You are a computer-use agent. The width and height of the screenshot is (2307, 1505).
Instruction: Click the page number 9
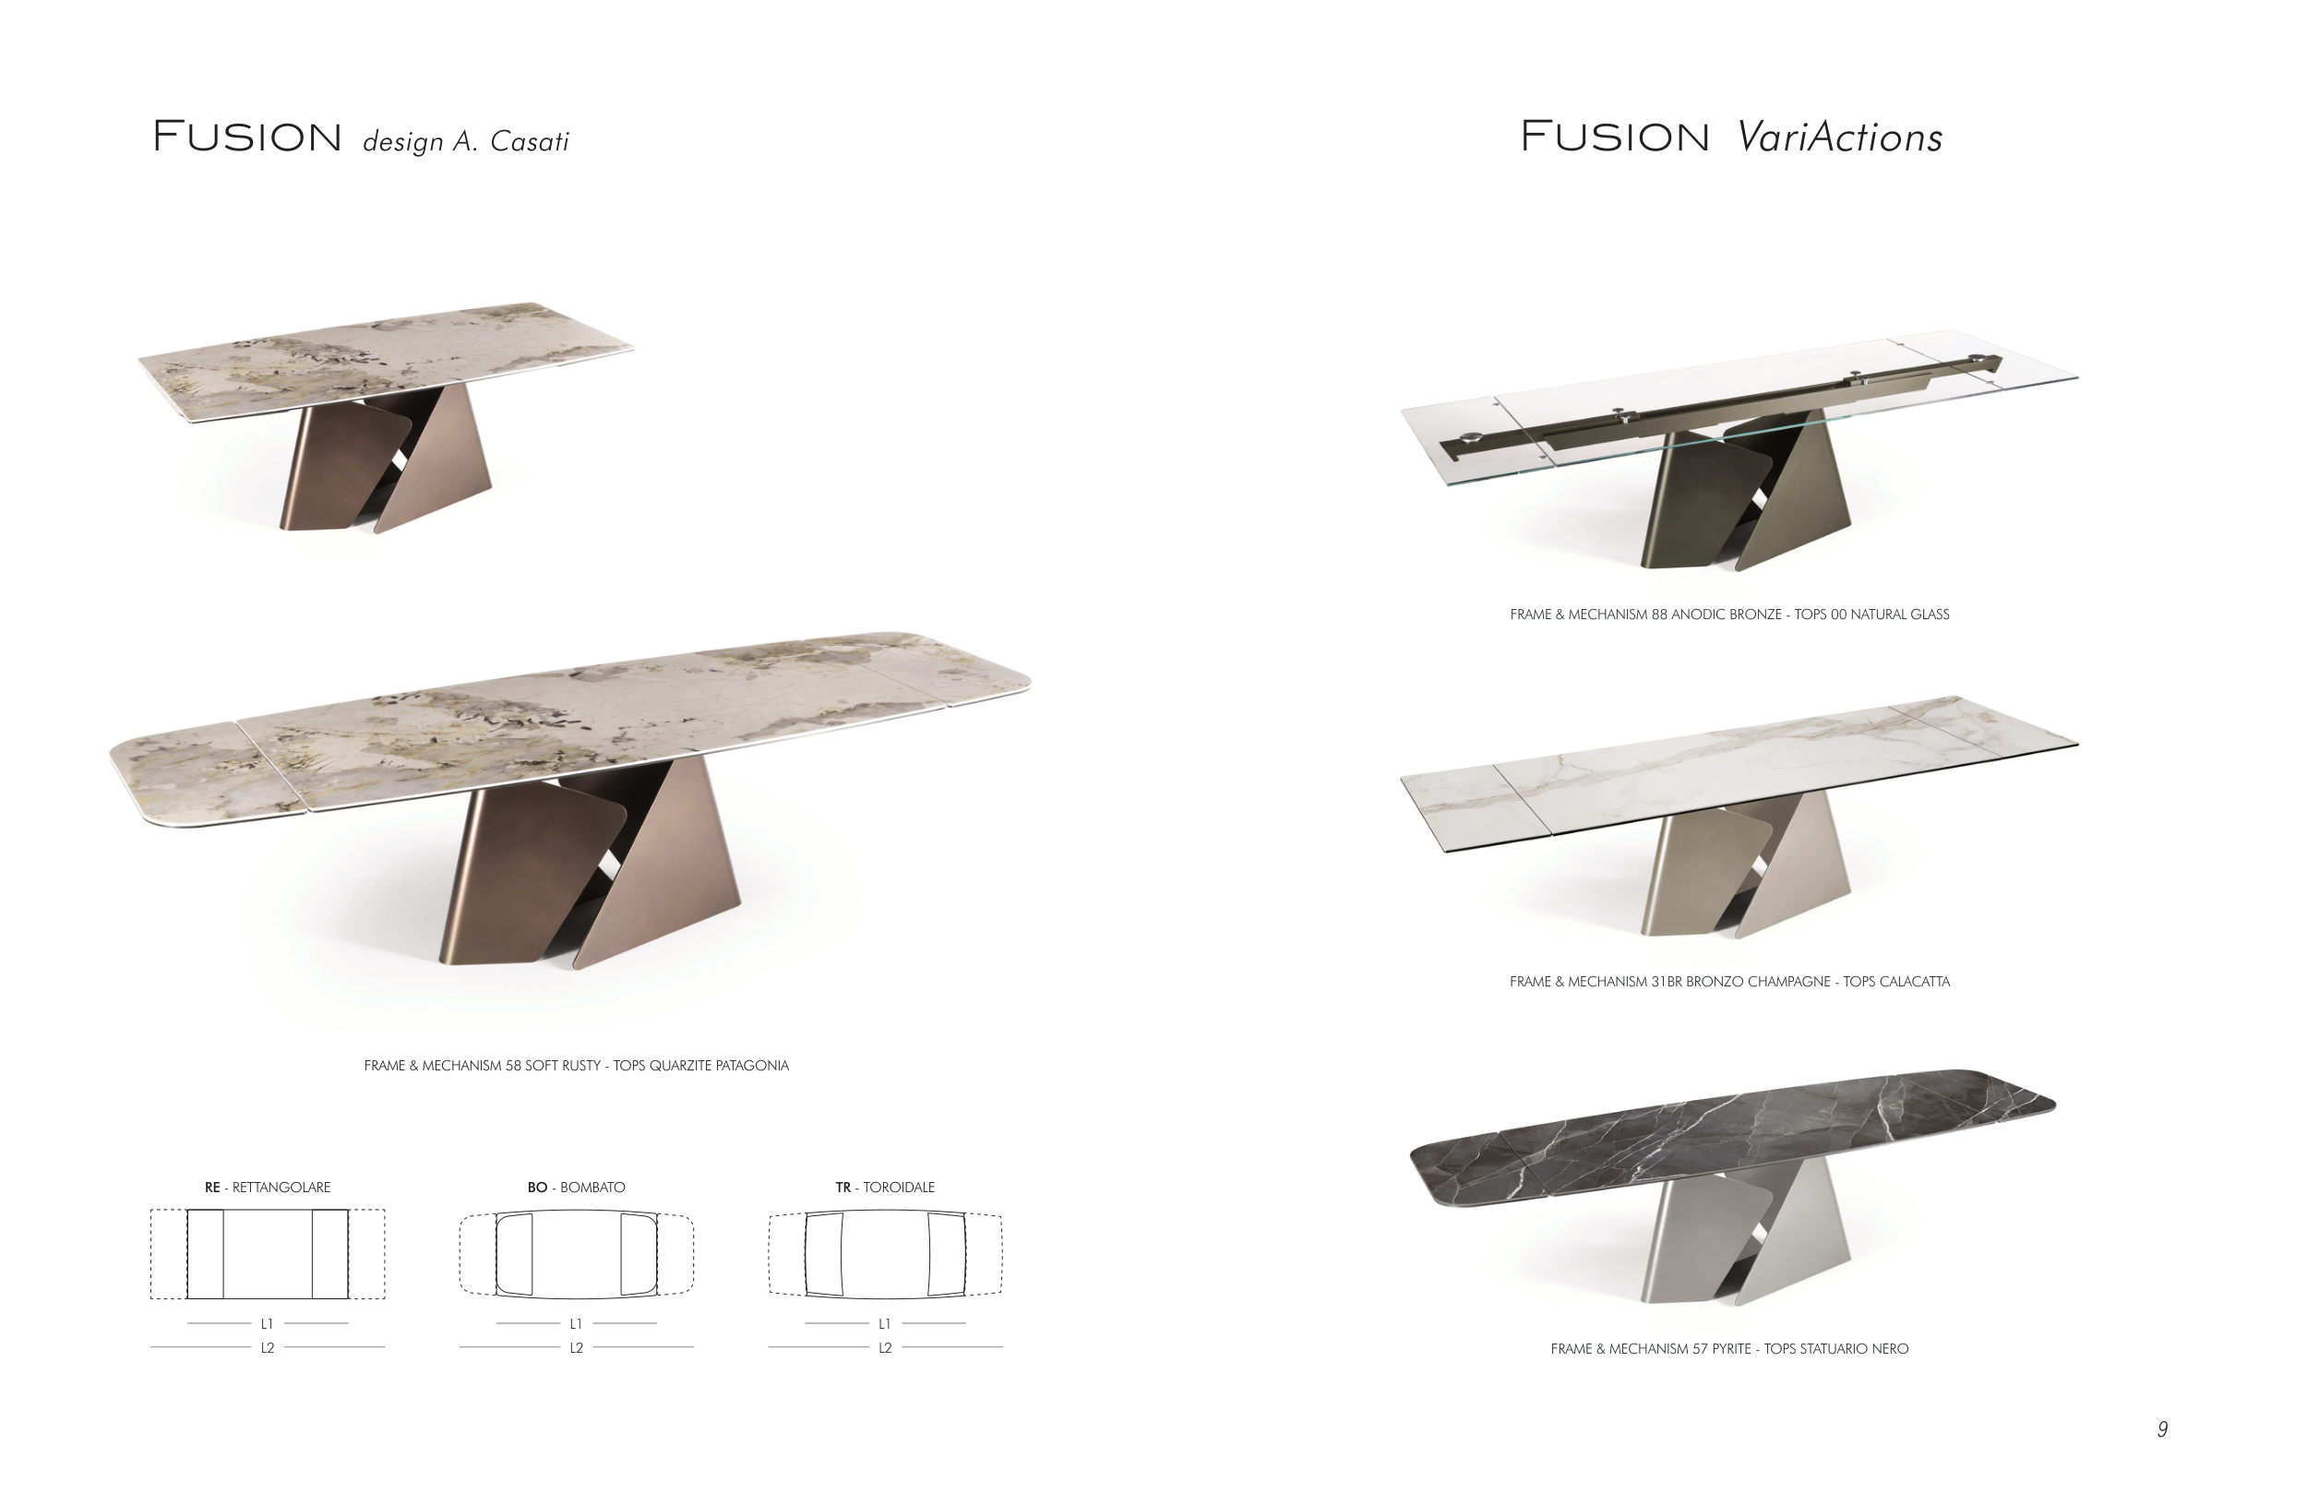coord(2161,1429)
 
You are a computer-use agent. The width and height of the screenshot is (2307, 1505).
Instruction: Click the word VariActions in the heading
coord(1840,137)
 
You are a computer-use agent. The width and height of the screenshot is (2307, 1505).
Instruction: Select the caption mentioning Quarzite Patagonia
coord(576,1066)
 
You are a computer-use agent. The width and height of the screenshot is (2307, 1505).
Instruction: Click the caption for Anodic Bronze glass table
coord(1729,615)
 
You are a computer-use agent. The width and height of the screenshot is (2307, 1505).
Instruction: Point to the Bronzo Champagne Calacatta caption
coord(1729,982)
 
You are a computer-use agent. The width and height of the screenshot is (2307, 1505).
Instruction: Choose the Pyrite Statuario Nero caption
coord(1729,1349)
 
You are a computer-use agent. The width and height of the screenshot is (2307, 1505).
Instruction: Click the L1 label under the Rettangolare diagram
coord(267,1324)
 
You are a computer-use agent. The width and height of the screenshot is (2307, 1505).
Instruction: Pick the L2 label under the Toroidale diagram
coord(885,1348)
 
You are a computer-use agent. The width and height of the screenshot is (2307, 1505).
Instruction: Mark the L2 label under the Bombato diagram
coord(576,1348)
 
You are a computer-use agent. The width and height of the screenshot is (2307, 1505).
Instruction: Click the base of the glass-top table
coord(1745,495)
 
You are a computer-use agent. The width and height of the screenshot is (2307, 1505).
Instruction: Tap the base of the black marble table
coord(1745,1231)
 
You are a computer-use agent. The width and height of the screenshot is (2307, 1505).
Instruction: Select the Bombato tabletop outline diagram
coord(576,1254)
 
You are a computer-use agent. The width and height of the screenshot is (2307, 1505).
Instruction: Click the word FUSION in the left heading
coord(247,137)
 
